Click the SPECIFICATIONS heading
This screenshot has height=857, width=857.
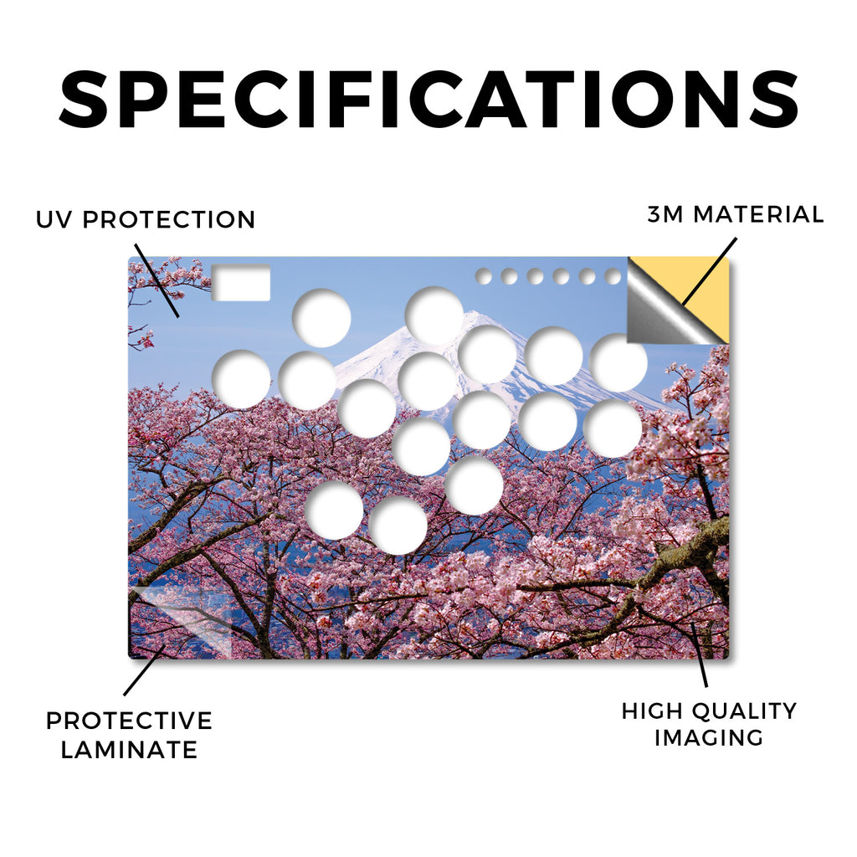428,99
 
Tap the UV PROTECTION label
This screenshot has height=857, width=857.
146,220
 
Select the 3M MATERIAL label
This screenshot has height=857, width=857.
736,214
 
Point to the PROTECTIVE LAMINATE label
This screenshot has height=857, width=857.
129,735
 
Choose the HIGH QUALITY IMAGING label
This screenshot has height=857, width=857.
709,724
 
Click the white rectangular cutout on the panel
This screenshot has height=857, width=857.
241,283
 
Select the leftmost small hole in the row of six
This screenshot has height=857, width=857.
484,276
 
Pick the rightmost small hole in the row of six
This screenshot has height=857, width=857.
613,276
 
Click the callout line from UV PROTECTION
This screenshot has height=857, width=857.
157,280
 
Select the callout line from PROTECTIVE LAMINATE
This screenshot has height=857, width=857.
144,670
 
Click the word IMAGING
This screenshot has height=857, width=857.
709,738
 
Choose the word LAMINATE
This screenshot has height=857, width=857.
129,749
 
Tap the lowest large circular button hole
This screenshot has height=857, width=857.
398,527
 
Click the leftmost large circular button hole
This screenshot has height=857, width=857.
241,379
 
